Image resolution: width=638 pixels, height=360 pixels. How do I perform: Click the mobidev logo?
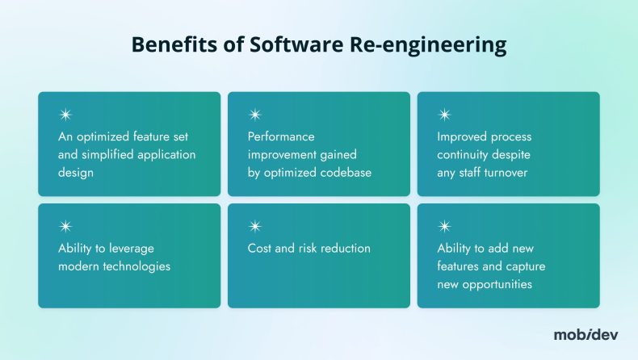point(586,334)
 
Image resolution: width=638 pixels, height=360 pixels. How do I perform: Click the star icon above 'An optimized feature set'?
point(65,115)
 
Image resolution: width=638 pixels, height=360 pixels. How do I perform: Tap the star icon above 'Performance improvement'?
point(254,115)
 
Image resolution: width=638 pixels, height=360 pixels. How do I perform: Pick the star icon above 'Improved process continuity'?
point(444,115)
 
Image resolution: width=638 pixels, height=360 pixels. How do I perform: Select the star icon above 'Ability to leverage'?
point(65,227)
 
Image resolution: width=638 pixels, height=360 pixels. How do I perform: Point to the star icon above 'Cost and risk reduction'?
point(254,227)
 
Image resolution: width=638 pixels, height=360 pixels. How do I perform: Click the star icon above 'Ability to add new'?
point(444,227)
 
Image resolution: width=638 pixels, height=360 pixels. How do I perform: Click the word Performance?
point(281,136)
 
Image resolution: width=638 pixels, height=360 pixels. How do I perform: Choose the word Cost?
point(260,248)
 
